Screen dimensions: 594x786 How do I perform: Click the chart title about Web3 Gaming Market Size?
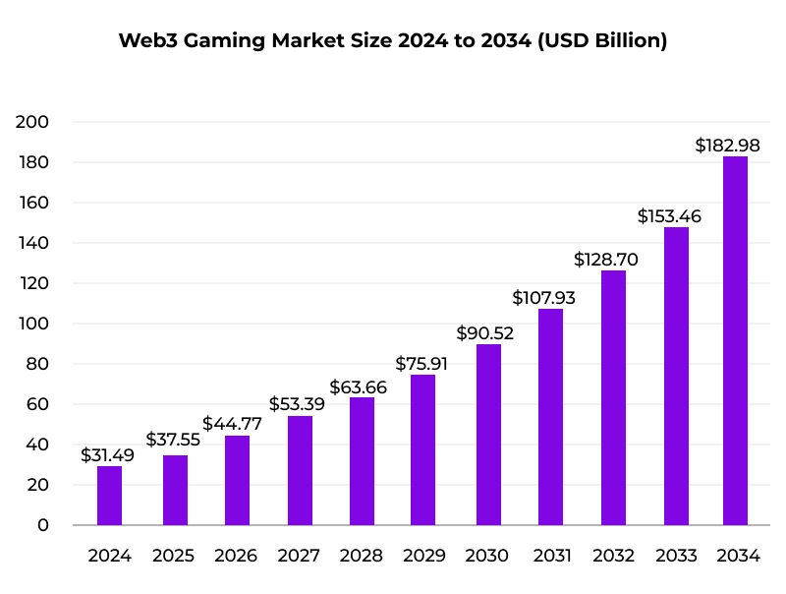[393, 41]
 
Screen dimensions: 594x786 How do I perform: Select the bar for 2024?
[110, 496]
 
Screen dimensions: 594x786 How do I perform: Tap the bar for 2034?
[735, 340]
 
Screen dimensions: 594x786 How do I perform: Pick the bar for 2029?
[422, 449]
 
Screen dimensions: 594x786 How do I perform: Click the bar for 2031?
[550, 417]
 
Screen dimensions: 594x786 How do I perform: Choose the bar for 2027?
[300, 470]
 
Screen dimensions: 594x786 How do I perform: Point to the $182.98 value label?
[727, 145]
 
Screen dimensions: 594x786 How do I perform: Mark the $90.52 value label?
[485, 332]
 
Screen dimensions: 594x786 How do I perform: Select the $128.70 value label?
[606, 260]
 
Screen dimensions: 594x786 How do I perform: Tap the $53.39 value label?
[298, 404]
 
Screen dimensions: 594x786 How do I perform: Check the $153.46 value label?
[669, 215]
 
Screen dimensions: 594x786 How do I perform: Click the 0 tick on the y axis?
[43, 525]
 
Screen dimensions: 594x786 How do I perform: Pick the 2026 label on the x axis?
[236, 556]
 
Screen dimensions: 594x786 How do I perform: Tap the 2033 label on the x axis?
[676, 556]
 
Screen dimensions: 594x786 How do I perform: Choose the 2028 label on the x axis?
[362, 556]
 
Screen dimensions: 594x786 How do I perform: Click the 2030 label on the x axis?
[487, 556]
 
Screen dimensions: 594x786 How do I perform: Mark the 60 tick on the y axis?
[36, 404]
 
